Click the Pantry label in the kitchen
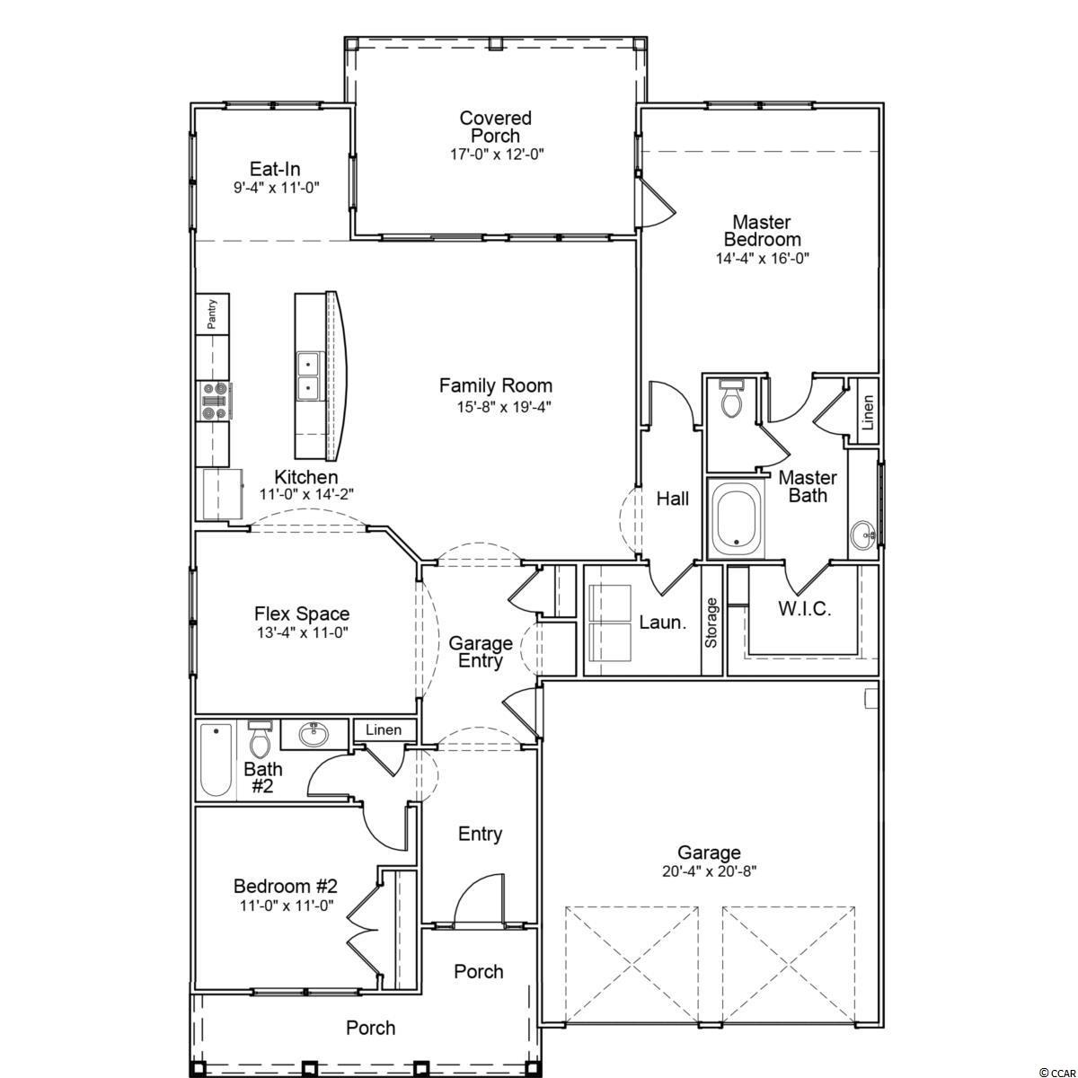[x=212, y=314]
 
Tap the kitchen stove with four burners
[x=215, y=401]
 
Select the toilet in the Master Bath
[x=731, y=400]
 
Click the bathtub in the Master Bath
[x=737, y=518]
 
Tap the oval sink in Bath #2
[x=314, y=735]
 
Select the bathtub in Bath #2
[x=216, y=760]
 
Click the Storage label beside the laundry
[x=711, y=623]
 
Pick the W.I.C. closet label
[x=805, y=609]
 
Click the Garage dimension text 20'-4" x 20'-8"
[x=710, y=871]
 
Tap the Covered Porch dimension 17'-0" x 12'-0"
[x=498, y=154]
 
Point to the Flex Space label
[x=302, y=614]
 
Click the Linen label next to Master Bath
[x=868, y=412]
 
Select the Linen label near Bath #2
[x=384, y=729]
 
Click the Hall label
[x=673, y=499]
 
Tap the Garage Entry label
[x=481, y=652]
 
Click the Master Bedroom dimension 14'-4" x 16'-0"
[x=763, y=259]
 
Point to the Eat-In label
[x=275, y=169]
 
